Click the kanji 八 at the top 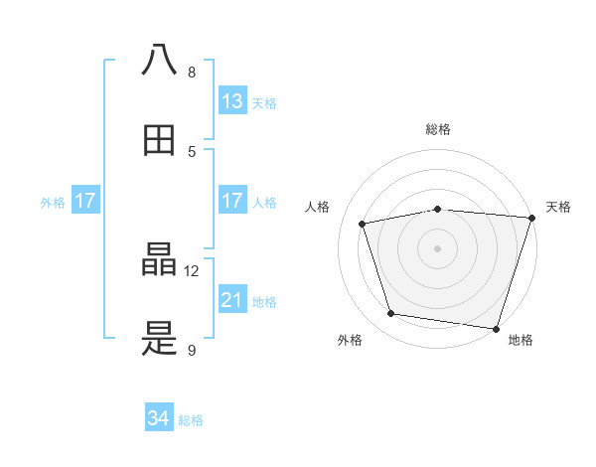coord(160,60)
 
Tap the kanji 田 coord(160,140)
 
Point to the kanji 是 coord(160,342)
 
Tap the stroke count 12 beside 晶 coord(192,270)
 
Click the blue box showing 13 coord(232,101)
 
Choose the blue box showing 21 coord(232,300)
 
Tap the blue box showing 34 coord(159,419)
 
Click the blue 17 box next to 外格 coord(85,201)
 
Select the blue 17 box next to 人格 coord(232,201)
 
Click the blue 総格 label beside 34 coord(191,420)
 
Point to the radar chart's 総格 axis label coord(438,130)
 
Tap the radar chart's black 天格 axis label coord(558,207)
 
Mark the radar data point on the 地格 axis coord(497,328)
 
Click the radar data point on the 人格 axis coord(363,224)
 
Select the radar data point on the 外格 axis coord(391,314)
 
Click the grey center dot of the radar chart coord(438,247)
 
